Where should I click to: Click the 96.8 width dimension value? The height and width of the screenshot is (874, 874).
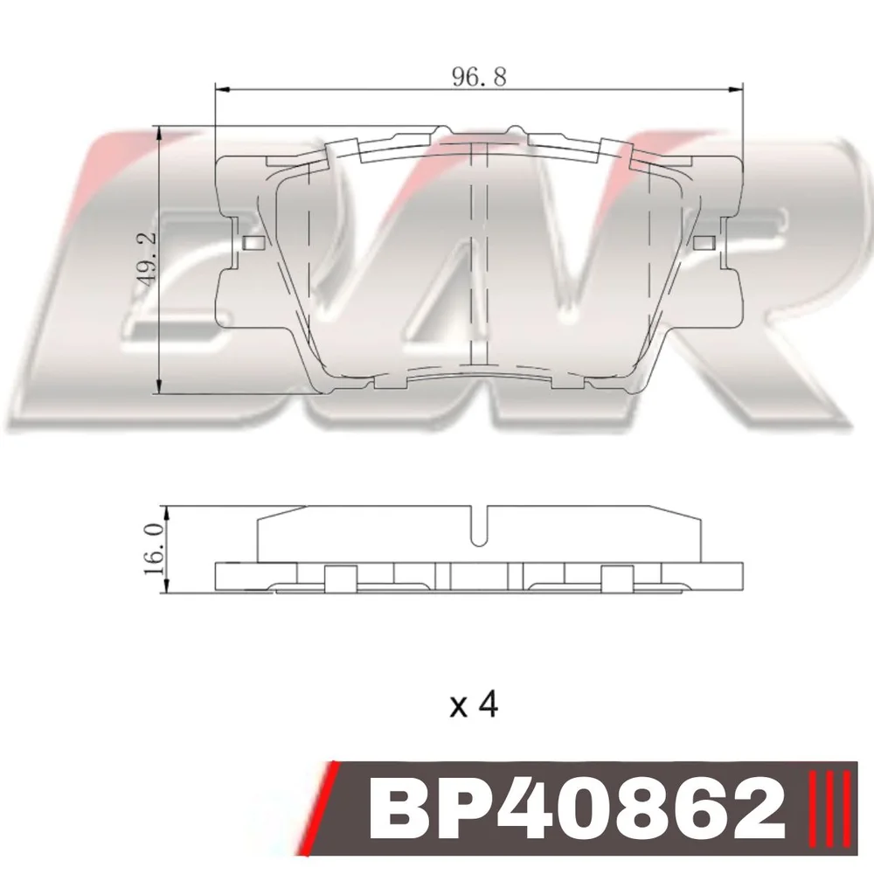[479, 76]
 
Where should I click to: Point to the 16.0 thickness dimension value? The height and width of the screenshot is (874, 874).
[154, 549]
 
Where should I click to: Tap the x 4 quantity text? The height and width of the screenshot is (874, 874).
[475, 704]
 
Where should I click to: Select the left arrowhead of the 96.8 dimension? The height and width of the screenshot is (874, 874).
[222, 88]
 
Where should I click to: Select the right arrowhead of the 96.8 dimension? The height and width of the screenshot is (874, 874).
[736, 88]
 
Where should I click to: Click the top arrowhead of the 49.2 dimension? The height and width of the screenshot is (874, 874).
[160, 134]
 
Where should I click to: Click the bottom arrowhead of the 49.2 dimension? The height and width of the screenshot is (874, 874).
[160, 386]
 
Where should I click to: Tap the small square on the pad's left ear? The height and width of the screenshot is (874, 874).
[253, 243]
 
